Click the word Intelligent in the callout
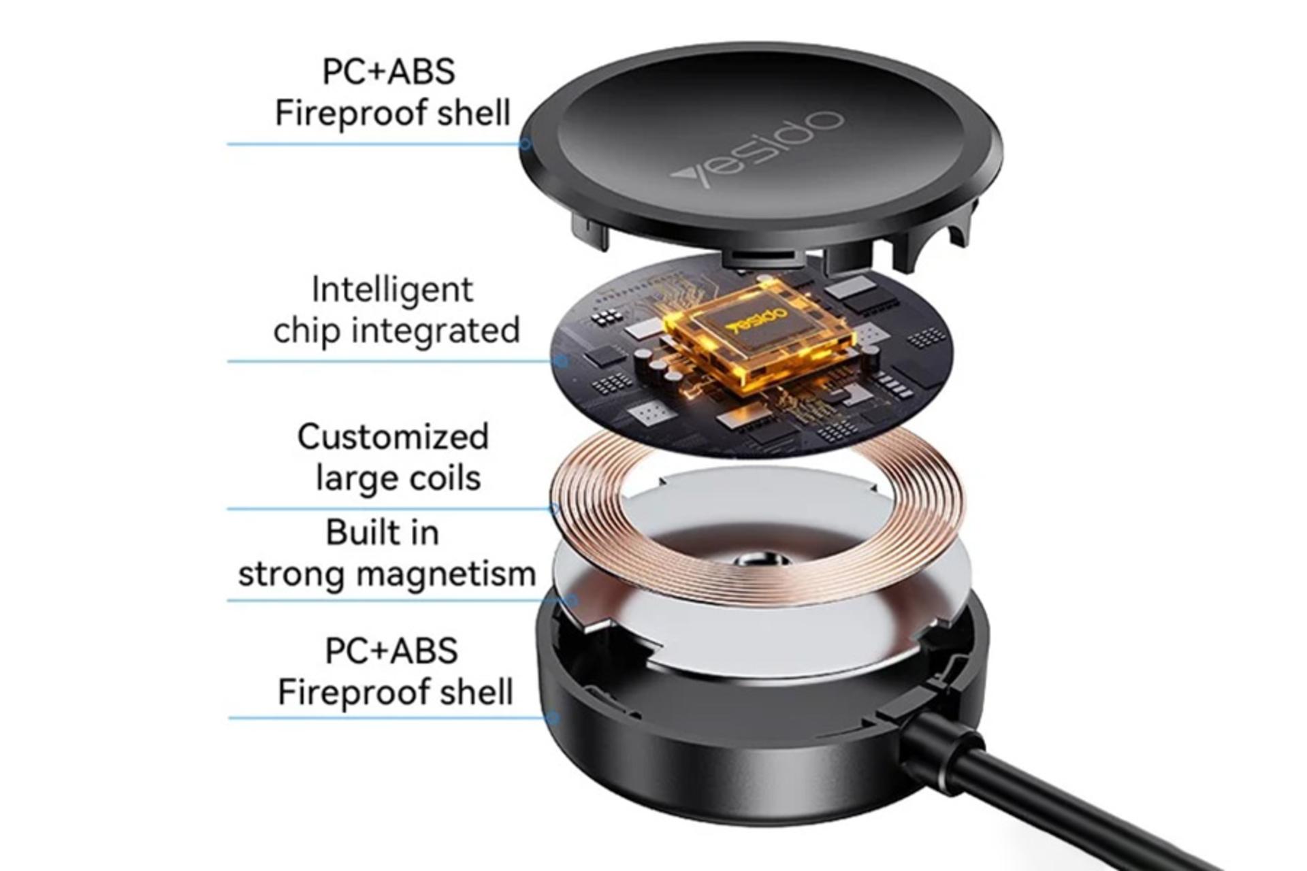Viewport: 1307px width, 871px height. [392, 291]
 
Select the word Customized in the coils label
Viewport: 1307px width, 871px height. [393, 437]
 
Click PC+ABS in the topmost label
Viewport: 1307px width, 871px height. [389, 71]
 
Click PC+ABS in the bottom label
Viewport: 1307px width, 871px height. [391, 651]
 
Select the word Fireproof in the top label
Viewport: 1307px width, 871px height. [351, 114]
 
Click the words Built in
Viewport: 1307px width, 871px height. [383, 532]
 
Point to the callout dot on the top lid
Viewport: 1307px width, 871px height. [525, 144]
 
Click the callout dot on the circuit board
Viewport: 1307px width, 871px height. [562, 361]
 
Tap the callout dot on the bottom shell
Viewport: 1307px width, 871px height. [554, 718]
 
